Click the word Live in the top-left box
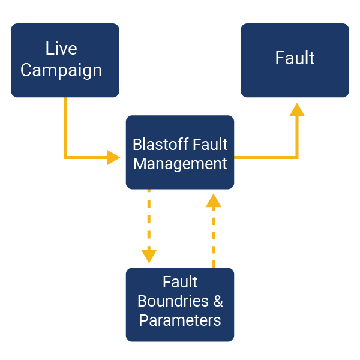point(61,48)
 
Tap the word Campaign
point(61,70)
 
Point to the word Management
point(180,164)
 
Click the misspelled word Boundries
point(173,301)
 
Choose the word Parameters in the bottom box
point(180,320)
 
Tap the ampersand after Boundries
point(218,301)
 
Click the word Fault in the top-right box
point(295,58)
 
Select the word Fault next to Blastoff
point(210,145)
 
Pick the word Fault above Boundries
point(180,281)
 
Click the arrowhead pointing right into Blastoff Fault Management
point(113,157)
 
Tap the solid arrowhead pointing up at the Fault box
point(297,110)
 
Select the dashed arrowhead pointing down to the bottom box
point(149,256)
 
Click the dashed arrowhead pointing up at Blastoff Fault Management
point(213,200)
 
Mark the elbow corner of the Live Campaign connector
point(65,157)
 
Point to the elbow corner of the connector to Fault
point(297,157)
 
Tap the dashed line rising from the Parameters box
point(213,237)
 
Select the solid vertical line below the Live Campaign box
point(65,127)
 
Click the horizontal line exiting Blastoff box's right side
point(265,157)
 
